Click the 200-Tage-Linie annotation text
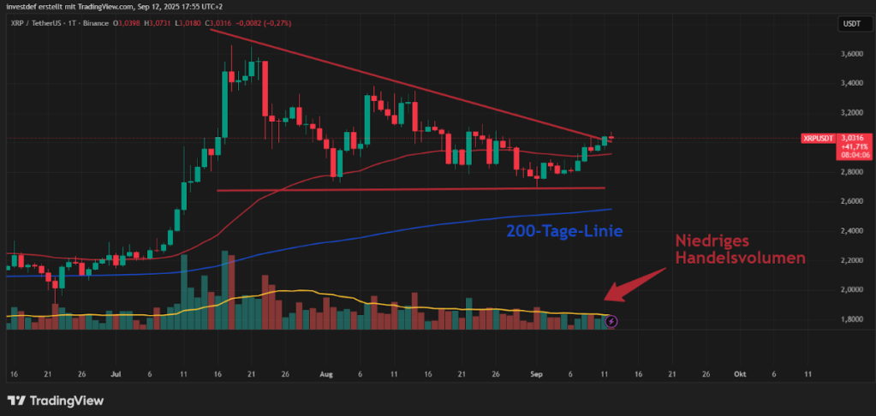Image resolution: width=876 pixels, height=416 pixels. (x=563, y=231)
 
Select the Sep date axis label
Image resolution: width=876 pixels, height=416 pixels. (x=537, y=374)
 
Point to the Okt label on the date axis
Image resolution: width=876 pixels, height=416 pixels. (x=739, y=374)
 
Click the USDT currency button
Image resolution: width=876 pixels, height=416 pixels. (x=852, y=25)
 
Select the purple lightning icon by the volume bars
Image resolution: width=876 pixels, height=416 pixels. (x=611, y=322)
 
